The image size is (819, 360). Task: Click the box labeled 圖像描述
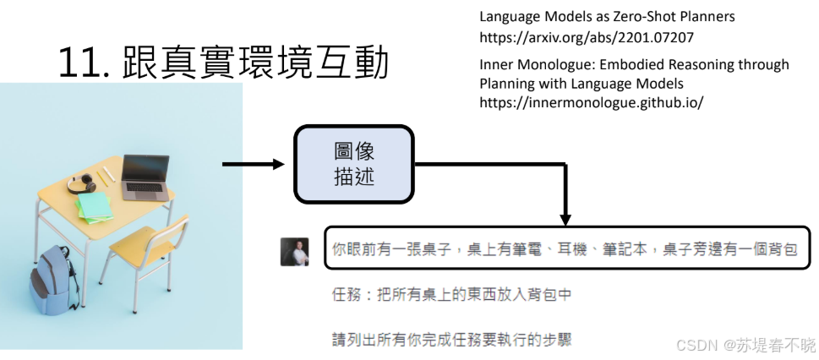click(353, 164)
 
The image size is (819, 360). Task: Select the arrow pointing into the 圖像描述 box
click(254, 164)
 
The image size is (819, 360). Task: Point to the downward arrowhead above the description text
click(567, 217)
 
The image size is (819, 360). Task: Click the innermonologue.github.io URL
click(591, 102)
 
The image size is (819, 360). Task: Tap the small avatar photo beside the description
click(294, 251)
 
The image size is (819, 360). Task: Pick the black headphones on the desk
click(81, 183)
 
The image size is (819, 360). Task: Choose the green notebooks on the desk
click(96, 205)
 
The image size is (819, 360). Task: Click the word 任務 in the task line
click(346, 295)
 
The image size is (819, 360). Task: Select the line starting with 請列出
click(451, 340)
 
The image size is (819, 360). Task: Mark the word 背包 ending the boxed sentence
click(782, 249)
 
